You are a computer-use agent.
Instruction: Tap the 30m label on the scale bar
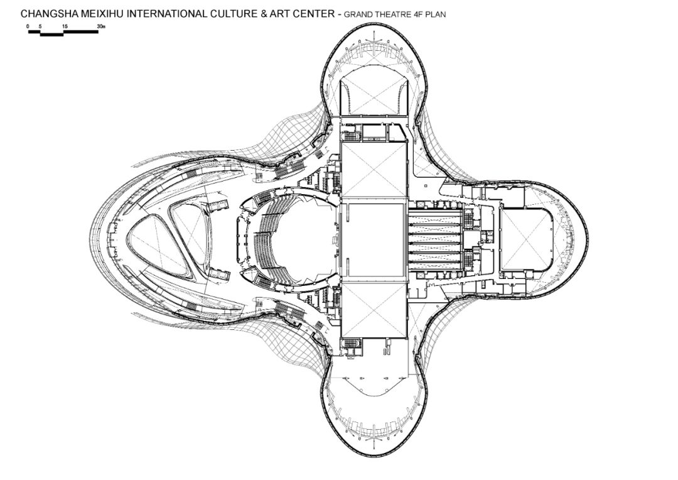(101, 26)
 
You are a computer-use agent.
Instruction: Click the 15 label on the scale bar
(65, 26)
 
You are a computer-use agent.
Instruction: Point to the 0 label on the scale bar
(28, 26)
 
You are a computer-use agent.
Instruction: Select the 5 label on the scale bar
(40, 26)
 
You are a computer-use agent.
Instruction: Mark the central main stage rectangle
(374, 239)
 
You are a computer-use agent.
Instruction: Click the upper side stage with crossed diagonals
(374, 170)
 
